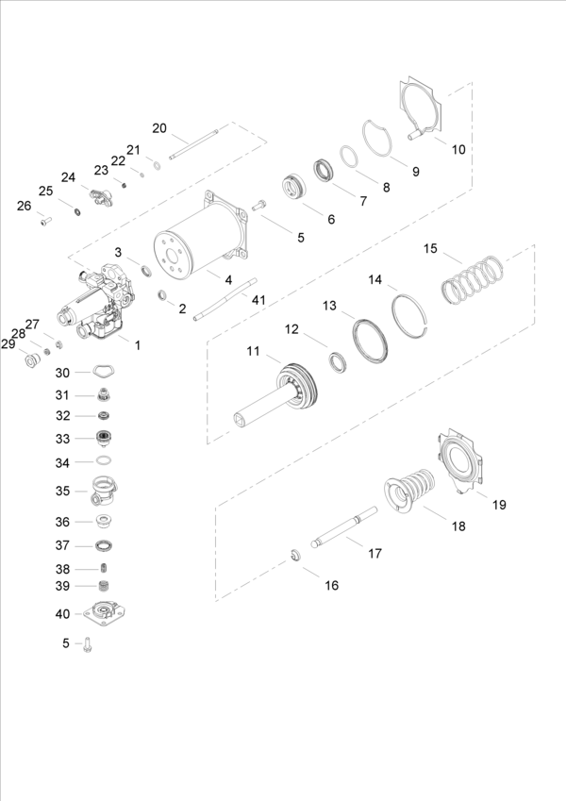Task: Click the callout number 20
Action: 159,127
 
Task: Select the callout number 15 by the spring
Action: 430,249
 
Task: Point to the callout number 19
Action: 499,505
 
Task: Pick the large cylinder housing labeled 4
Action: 192,247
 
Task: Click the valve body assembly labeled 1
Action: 99,301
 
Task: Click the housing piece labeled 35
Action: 105,491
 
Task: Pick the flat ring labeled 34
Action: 106,462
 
